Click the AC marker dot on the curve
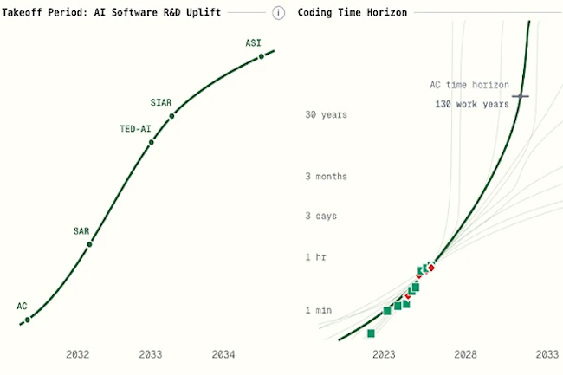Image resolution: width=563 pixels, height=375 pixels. pos(28,320)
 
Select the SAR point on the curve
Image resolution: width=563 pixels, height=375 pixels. pos(89,244)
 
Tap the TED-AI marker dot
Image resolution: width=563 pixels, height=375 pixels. pos(152,142)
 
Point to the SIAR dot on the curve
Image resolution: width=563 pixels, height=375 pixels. pos(171,115)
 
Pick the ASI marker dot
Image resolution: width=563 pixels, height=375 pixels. pos(261,57)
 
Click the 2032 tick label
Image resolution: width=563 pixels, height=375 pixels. pos(78,354)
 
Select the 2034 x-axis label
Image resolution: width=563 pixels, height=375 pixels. pos(223,354)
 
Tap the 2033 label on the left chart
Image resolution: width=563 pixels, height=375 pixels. pos(151,354)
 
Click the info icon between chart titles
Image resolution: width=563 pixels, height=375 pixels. pos(278,13)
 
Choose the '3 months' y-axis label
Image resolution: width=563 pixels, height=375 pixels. pos(326,177)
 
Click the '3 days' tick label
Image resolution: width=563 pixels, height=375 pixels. pos(321,216)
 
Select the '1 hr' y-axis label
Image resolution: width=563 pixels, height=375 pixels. pos(317,258)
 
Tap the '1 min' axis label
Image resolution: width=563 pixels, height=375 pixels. pos(320,310)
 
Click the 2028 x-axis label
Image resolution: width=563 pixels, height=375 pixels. pos(466,354)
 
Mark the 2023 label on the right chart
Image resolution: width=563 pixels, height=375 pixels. pos(384,354)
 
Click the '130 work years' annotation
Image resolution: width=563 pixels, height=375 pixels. pos(472,104)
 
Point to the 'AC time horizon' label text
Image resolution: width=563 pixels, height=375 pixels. pos(469,85)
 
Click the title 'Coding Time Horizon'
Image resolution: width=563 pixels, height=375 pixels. pos(353,13)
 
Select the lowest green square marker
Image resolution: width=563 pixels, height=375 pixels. pos(371,333)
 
